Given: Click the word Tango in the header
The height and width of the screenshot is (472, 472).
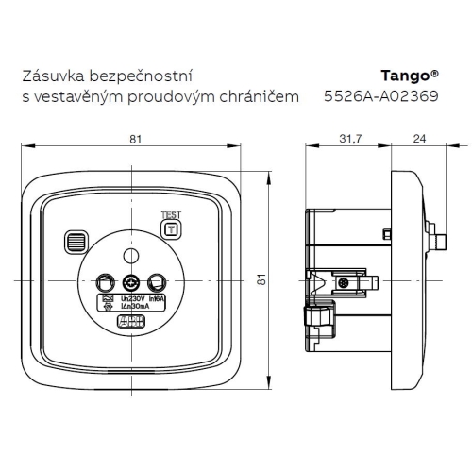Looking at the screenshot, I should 406,76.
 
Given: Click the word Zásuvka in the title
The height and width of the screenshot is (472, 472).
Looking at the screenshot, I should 56,76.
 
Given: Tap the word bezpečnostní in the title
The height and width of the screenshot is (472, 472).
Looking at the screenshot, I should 142,76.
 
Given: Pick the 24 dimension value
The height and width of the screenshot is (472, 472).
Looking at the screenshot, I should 418,140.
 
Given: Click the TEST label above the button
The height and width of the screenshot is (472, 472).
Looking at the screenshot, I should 171,213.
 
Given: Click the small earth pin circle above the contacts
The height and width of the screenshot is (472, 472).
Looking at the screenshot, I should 133,256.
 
